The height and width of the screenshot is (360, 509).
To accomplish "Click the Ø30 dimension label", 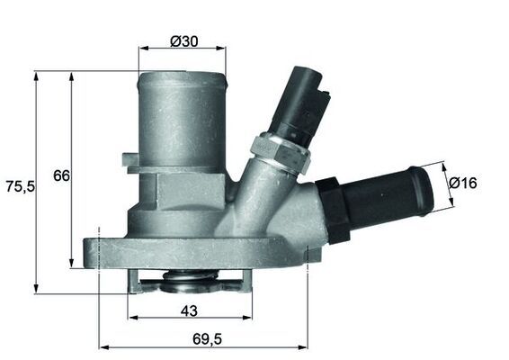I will (184, 40).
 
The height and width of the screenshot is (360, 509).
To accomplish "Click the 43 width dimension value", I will (188, 311).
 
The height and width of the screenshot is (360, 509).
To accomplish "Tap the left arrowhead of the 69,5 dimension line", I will (102, 346).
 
